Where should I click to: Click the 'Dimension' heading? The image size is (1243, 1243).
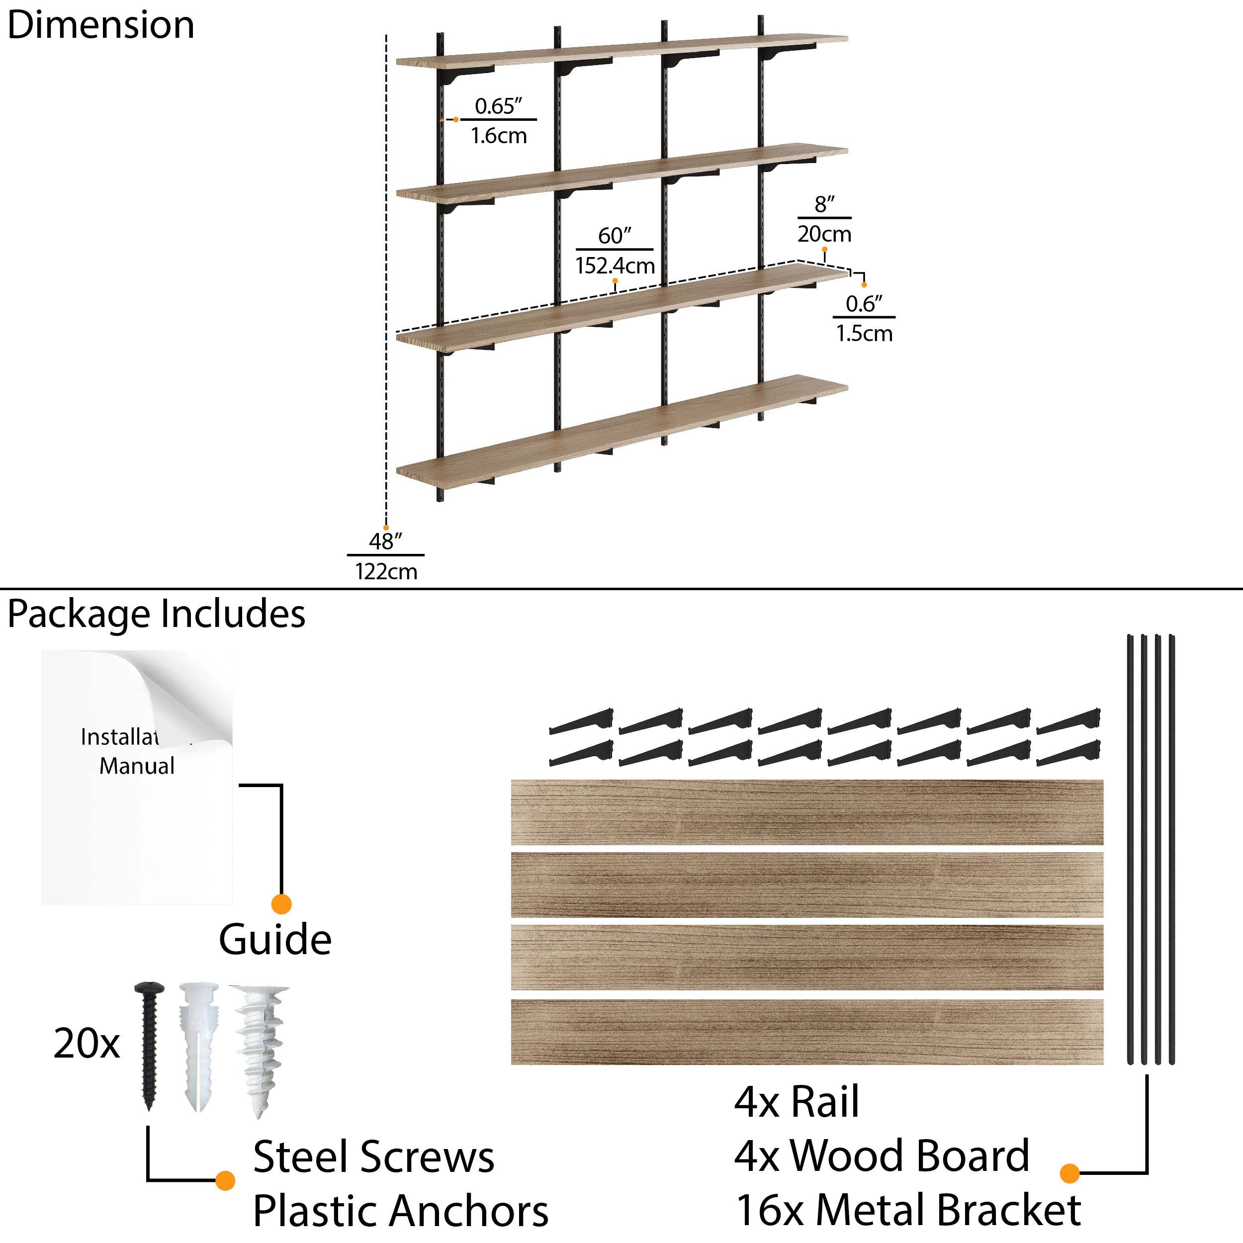click(x=100, y=26)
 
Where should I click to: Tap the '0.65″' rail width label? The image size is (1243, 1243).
click(x=498, y=106)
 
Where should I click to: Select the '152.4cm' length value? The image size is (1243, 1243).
click(x=615, y=265)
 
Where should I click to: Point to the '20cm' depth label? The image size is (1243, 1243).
click(x=824, y=234)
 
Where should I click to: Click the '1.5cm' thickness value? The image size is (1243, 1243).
click(x=864, y=333)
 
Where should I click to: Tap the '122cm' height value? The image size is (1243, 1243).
click(x=386, y=571)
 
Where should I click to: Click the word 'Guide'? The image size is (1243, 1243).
click(x=275, y=940)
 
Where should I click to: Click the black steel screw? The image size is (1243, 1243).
click(x=149, y=1046)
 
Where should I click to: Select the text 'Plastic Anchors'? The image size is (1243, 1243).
click(x=400, y=1211)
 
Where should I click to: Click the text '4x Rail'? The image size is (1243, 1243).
click(x=796, y=1102)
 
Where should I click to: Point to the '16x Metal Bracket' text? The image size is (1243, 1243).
click(x=908, y=1210)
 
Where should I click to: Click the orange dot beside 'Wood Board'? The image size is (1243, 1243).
click(x=1069, y=1173)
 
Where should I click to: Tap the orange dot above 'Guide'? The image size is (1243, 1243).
click(x=281, y=904)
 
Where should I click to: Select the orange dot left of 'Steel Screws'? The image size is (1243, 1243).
click(x=225, y=1180)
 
